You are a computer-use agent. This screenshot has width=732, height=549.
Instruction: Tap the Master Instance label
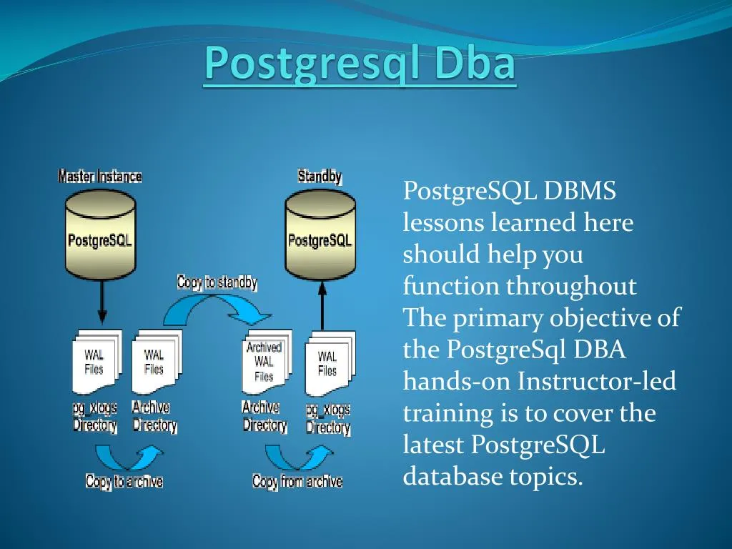click(99, 176)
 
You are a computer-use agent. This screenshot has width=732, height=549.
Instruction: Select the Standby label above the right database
click(320, 176)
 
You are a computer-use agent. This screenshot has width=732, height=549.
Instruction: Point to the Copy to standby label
click(217, 282)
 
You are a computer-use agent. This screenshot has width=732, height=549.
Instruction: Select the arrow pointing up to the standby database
click(322, 305)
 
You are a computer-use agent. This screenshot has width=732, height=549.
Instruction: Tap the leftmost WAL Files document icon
click(95, 362)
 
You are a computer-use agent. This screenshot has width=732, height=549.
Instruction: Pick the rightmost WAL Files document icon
click(328, 363)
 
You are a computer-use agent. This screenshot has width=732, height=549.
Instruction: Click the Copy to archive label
click(124, 481)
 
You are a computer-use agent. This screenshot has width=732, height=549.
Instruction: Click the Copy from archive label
click(297, 481)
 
